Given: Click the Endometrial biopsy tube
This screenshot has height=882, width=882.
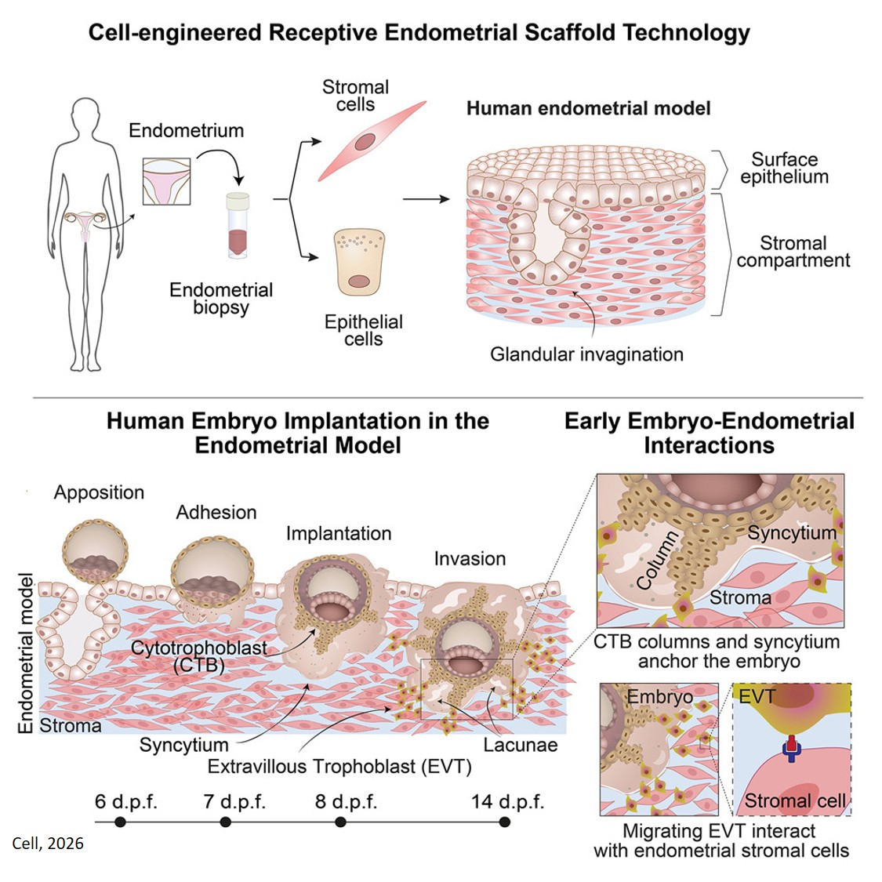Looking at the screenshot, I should coord(238,226).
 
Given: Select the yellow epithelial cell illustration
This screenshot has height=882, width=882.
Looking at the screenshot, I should coord(360,263).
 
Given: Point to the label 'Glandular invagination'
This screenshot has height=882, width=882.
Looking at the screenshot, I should coord(586,354).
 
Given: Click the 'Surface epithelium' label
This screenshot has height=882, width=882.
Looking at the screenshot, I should coord(784,168).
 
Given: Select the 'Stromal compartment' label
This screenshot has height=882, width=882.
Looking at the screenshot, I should coord(793,252).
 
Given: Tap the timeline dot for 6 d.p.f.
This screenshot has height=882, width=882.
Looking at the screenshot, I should coord(120,822).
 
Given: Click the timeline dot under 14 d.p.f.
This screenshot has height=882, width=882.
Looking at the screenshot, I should coord(505,822).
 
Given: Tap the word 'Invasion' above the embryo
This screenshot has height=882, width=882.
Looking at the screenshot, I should coord(470,559).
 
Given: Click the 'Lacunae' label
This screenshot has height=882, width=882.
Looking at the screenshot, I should coord(521,745).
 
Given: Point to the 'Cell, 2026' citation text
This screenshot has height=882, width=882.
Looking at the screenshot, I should coord(48,844).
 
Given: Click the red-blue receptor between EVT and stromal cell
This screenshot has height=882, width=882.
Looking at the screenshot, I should coord(790,747).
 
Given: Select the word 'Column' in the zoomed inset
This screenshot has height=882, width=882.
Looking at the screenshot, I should coord(657,560).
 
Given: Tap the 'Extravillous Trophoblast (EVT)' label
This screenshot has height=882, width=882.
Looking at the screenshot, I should coord(339,766).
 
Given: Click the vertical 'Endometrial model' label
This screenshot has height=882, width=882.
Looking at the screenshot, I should coord(26,653).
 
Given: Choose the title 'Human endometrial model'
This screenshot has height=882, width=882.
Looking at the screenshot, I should coord(588,108).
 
